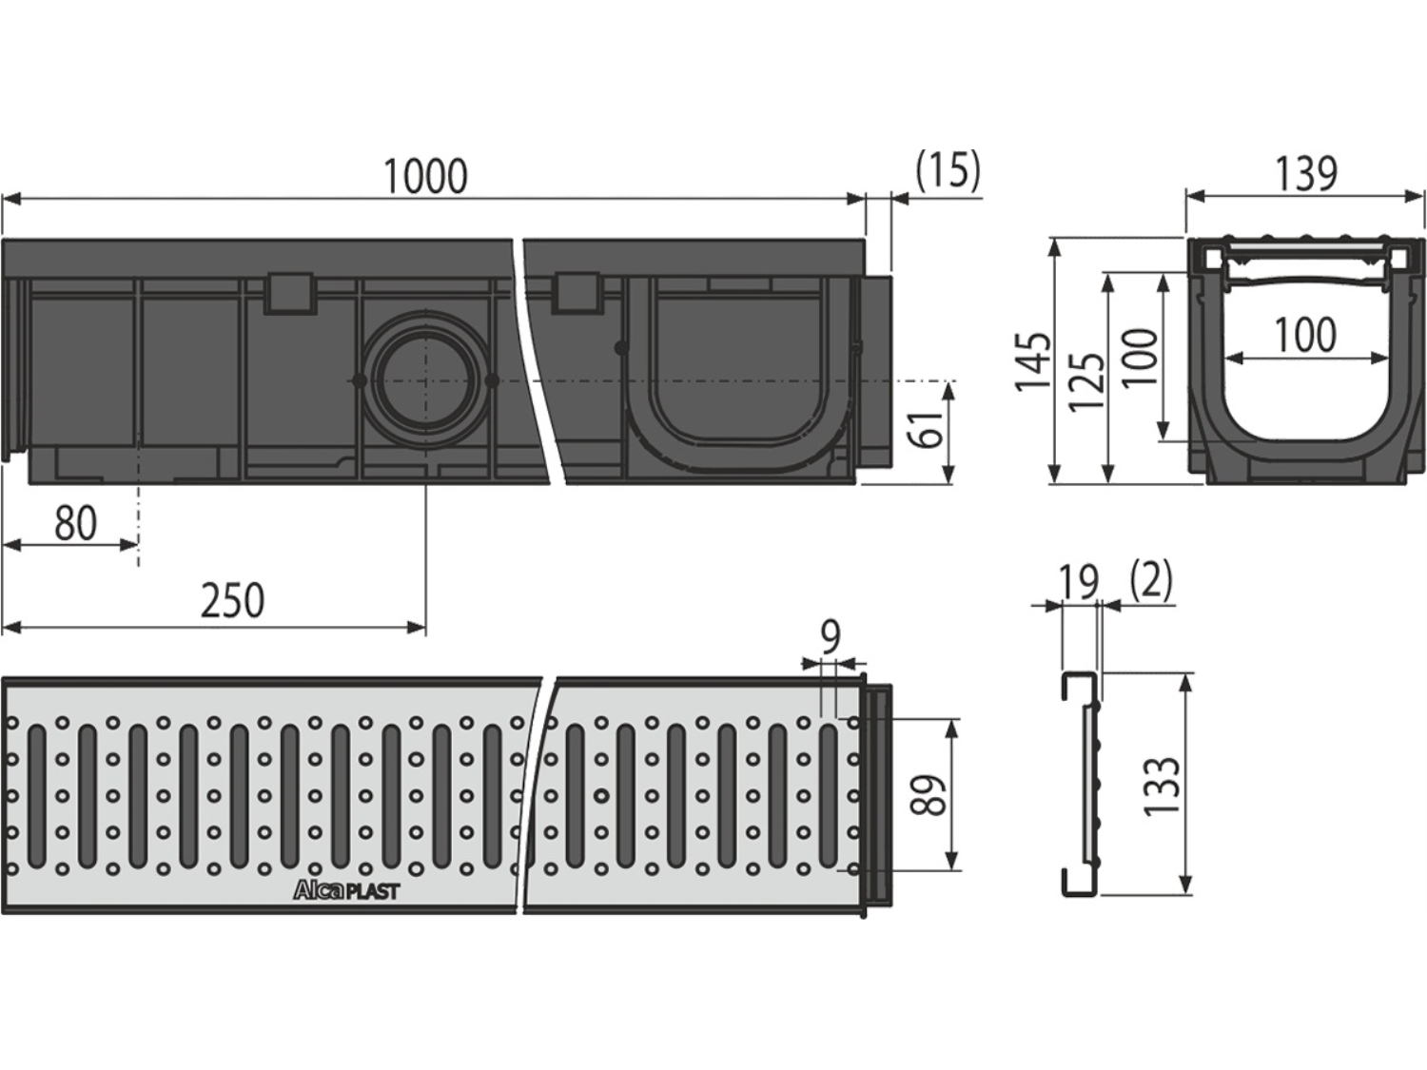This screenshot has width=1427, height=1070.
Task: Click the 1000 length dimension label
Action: coord(426,176)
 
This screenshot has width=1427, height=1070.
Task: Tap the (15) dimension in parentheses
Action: coord(948,171)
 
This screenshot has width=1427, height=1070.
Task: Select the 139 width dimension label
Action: coord(1306,174)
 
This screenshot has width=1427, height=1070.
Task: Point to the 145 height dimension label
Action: coord(1033,361)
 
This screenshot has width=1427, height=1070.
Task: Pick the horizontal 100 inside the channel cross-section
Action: coord(1305,335)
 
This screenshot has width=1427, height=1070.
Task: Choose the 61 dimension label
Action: coord(926,429)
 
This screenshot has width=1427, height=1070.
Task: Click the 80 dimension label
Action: coord(76,523)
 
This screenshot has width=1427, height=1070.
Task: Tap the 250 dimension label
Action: coord(232,600)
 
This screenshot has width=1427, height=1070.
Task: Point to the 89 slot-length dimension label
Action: coord(927,794)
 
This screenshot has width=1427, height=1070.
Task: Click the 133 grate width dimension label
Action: coord(1162,786)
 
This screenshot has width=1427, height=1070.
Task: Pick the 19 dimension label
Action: coord(1079,583)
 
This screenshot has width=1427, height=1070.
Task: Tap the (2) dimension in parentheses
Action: coord(1151,580)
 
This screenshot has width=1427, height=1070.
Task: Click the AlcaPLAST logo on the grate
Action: coord(346,891)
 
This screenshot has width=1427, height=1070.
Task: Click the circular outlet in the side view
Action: coord(426,380)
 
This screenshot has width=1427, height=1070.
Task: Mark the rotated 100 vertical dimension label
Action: coord(1141,358)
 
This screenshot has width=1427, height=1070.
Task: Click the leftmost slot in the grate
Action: coord(36,796)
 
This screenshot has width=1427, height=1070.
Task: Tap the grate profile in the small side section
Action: coord(1081,785)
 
